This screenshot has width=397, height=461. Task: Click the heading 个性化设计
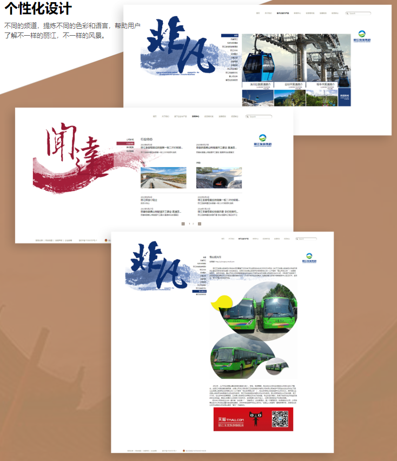pos(37,9)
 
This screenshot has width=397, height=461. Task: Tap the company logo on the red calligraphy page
pos(263,140)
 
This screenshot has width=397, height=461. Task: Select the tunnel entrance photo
pos(219,177)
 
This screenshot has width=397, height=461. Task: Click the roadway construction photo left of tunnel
pos(163,177)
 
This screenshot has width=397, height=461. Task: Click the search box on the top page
pos(360,13)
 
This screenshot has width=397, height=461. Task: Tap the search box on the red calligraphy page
pos(260,116)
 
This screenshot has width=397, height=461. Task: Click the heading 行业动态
pos(147,139)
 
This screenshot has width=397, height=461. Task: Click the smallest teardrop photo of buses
pos(277,366)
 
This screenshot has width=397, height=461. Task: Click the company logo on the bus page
pos(309,257)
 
